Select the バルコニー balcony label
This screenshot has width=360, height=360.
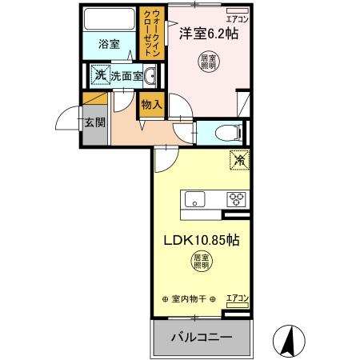click(201, 337)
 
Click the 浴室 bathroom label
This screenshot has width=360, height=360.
click(110, 44)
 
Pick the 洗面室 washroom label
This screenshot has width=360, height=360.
click(126, 76)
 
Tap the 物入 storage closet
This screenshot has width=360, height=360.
click(151, 104)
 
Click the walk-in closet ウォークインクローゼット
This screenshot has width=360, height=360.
click(151, 31)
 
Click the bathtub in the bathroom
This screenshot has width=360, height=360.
click(111, 20)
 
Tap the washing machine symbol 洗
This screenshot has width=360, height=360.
click(100, 76)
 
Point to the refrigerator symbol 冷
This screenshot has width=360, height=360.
click(238, 159)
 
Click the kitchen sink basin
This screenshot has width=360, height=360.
click(196, 200)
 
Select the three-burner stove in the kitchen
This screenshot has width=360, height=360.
click(237, 200)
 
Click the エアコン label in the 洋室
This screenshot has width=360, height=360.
click(238, 17)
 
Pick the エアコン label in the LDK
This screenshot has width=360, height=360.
click(238, 299)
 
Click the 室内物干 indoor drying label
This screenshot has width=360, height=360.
click(190, 299)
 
